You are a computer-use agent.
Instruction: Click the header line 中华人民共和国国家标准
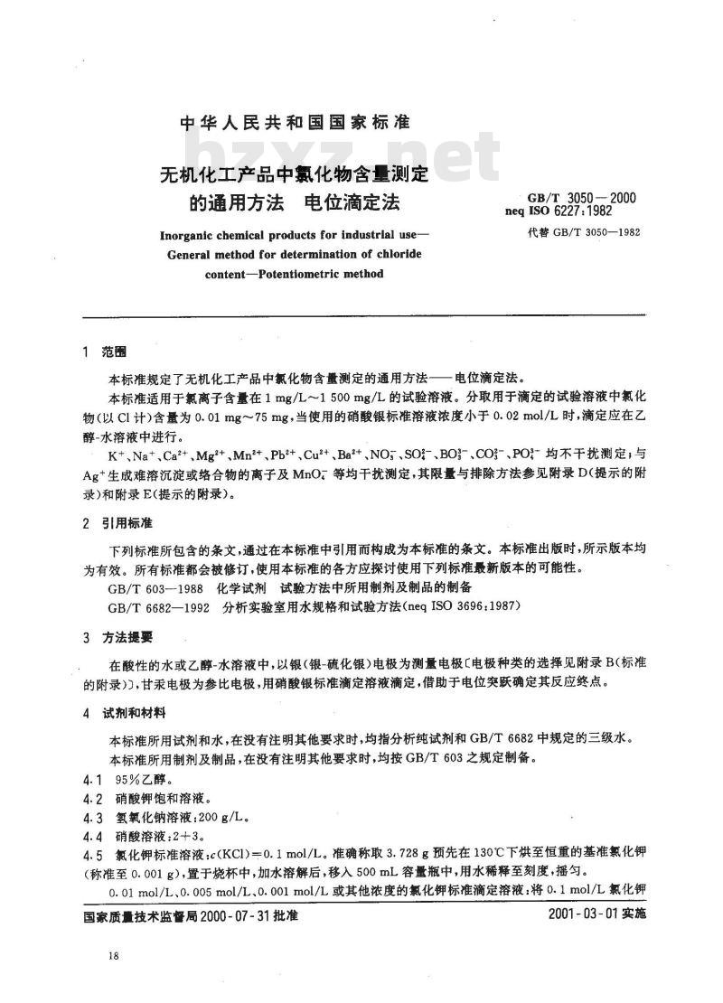pyautogui.click(x=283, y=123)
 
